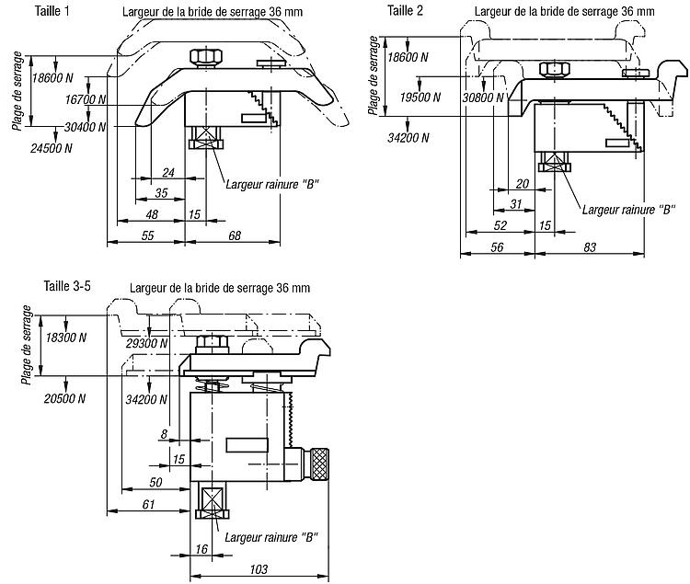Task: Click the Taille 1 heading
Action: coord(52,11)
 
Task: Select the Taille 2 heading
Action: coord(405,10)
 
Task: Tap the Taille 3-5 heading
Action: coord(67,286)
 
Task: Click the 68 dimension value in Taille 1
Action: coord(235,235)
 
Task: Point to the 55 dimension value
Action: coord(148,235)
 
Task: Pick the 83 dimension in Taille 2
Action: coord(590,247)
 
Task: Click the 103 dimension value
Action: coord(259,569)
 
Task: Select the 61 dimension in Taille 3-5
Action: coord(148,504)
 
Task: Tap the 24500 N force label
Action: coord(51,148)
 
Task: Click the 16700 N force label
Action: coord(86,99)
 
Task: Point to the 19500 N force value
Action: coord(420,97)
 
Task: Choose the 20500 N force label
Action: coord(64,398)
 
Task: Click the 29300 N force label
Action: coord(146,343)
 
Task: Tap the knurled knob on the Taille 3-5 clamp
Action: coord(319,464)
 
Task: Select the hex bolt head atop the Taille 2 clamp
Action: coord(555,69)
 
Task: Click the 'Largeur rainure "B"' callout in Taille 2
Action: coord(628,210)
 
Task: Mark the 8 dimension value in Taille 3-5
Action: coord(164,434)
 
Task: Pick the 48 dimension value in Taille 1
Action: coord(152,214)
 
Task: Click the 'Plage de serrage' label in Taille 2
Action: coord(374,75)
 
